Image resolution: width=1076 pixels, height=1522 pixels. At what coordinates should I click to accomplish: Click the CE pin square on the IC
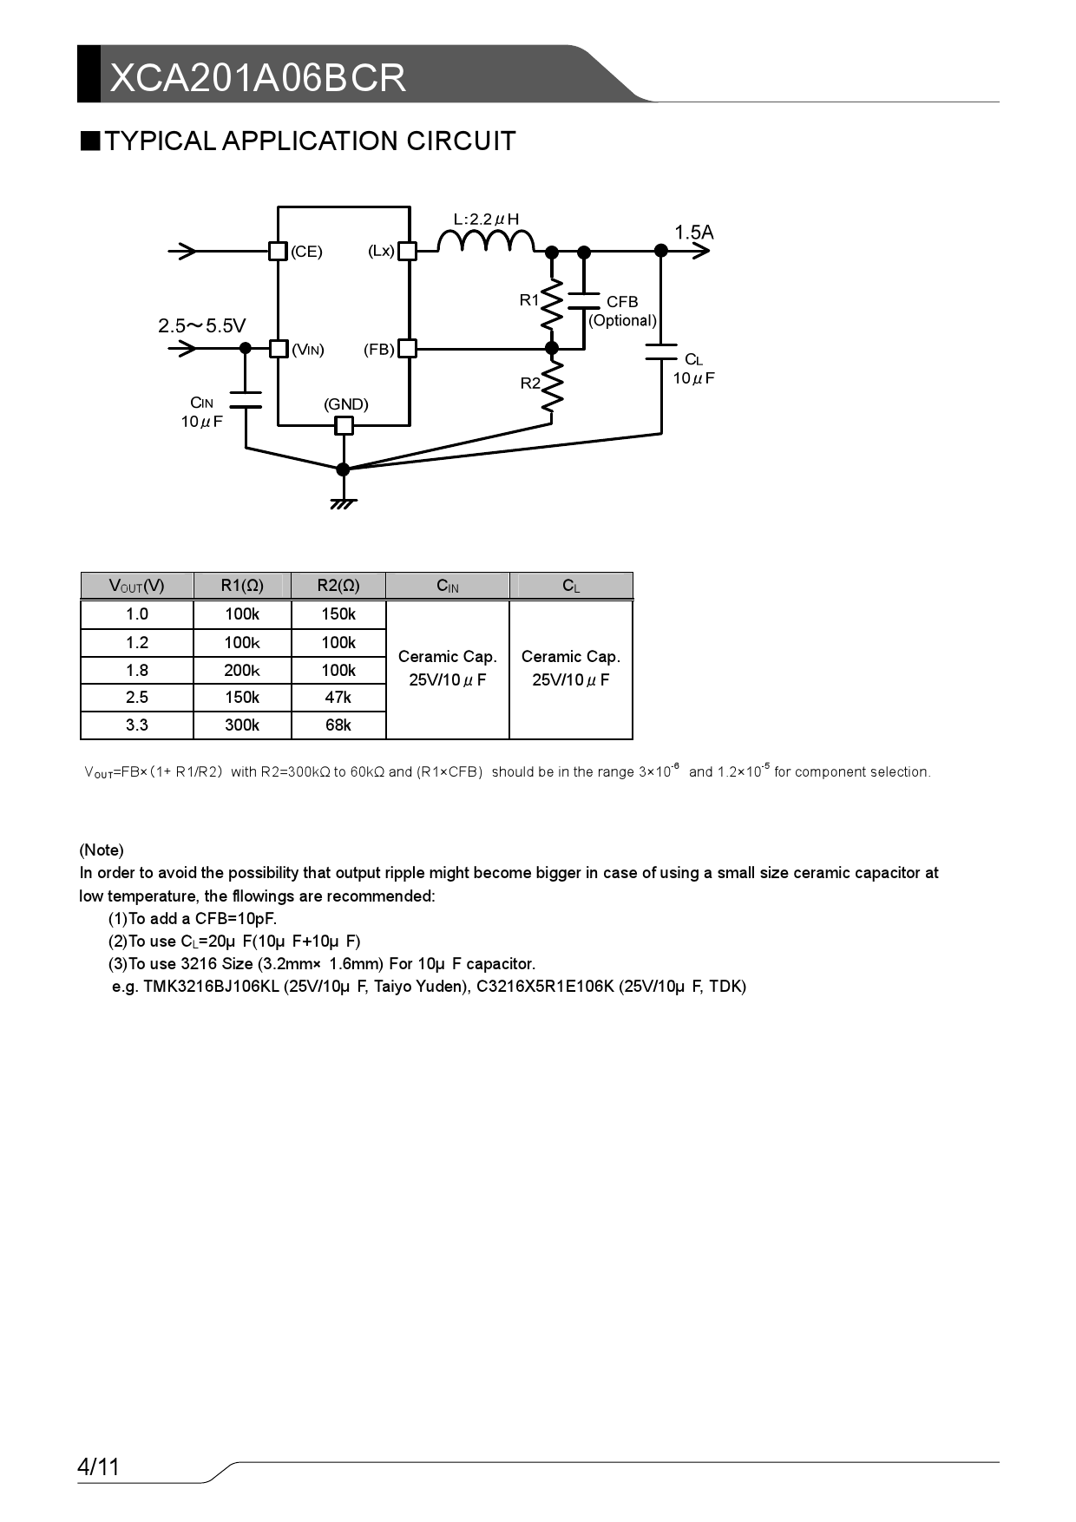(x=278, y=251)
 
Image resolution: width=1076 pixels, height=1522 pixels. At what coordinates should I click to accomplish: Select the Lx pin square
(x=407, y=251)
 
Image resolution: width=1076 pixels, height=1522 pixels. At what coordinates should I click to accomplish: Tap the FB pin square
(x=407, y=348)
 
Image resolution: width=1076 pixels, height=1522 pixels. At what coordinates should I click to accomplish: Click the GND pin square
(x=344, y=425)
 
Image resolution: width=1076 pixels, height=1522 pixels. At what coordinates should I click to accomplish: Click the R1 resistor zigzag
(x=551, y=303)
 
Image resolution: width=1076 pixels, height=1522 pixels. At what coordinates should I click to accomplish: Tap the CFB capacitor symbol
(x=584, y=300)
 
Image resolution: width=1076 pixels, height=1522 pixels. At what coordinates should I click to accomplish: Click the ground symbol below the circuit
(x=344, y=502)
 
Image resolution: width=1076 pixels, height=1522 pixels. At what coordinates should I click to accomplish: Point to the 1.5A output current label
(x=694, y=232)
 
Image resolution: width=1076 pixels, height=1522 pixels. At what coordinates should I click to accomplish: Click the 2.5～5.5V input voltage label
(x=202, y=326)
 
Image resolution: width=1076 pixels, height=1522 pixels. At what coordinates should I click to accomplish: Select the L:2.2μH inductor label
(x=486, y=219)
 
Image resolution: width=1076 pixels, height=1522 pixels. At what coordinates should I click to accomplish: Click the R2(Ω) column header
(x=338, y=586)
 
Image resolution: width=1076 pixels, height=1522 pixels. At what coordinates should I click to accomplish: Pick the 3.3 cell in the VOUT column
(x=137, y=725)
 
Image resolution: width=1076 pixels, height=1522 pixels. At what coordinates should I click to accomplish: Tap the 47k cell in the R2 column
(x=338, y=697)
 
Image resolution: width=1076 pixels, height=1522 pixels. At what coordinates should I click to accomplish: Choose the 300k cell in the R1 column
(x=242, y=725)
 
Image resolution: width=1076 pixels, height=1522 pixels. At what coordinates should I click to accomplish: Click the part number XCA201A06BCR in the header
(x=258, y=78)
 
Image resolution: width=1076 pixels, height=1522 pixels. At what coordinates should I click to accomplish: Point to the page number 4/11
(x=98, y=1467)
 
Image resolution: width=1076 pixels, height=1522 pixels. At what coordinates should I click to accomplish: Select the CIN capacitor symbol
(x=246, y=399)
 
